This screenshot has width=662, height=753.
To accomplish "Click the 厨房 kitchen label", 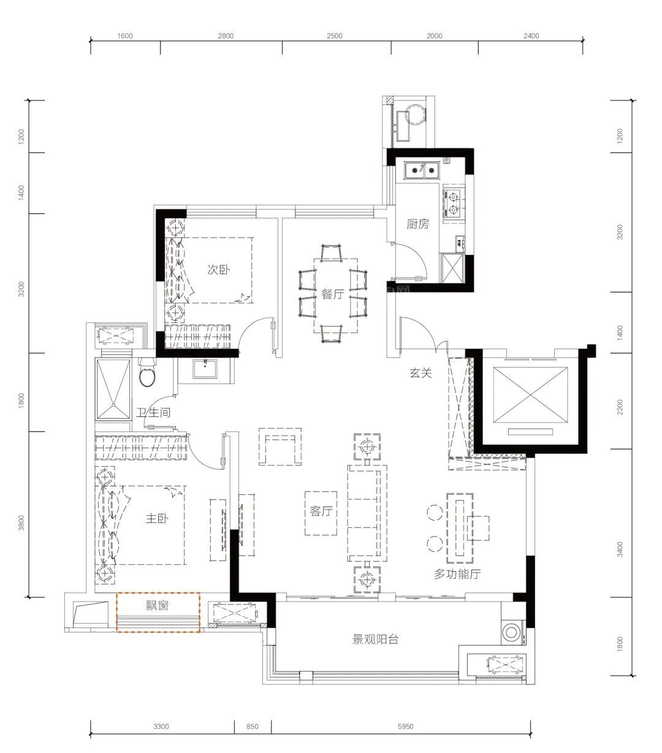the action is pyautogui.click(x=417, y=224).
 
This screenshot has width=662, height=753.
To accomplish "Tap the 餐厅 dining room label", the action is pyautogui.click(x=333, y=294).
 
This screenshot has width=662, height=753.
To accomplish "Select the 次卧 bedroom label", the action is pyautogui.click(x=218, y=269).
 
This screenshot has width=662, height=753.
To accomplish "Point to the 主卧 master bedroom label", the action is pyautogui.click(x=157, y=519).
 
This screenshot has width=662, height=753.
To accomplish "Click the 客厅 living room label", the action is pyautogui.click(x=321, y=511).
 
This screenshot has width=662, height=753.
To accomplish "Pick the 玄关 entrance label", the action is pyautogui.click(x=421, y=372).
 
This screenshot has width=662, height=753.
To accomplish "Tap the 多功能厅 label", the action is pyautogui.click(x=457, y=574).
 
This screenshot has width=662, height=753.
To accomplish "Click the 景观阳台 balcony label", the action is pyautogui.click(x=375, y=640).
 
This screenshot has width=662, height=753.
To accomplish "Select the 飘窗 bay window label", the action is pyautogui.click(x=157, y=605).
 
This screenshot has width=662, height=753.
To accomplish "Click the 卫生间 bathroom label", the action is pyautogui.click(x=153, y=412).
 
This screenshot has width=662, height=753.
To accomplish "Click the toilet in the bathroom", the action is pyautogui.click(x=148, y=373).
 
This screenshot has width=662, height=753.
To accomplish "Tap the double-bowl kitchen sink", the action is pyautogui.click(x=422, y=170).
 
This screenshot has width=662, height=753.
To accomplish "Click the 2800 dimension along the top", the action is pyautogui.click(x=226, y=36).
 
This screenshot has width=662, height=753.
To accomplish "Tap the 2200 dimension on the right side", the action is pyautogui.click(x=619, y=407).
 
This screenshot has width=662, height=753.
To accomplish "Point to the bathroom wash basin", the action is pyautogui.click(x=205, y=369).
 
